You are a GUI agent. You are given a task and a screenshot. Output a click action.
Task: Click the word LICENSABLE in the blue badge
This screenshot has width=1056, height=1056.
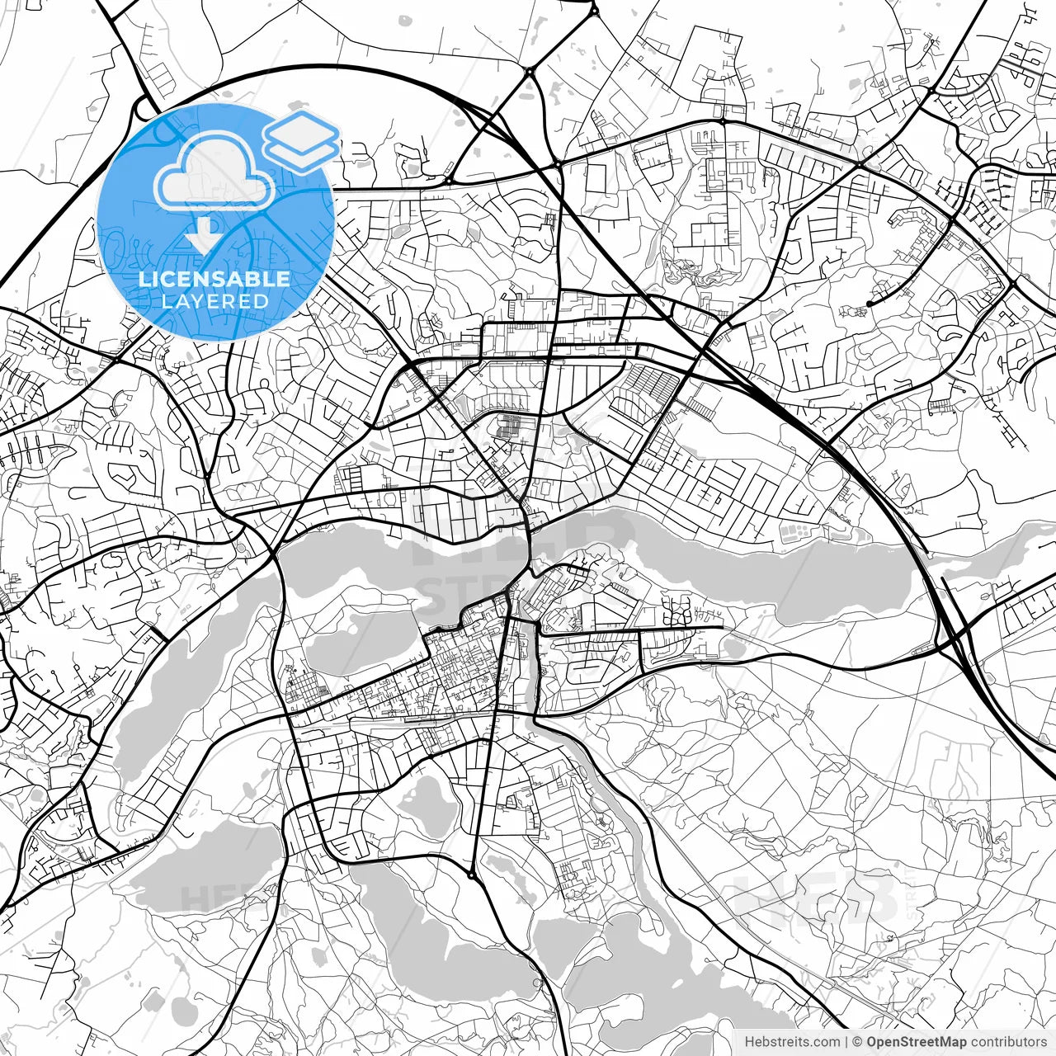[x=214, y=279]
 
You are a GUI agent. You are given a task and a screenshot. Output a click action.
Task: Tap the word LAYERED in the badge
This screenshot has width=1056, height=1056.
[x=214, y=301]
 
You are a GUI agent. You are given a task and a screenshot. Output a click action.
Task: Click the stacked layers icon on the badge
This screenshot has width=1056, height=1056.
[x=301, y=140]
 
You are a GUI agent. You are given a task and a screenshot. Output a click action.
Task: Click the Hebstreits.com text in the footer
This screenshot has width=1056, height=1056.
[x=793, y=1042]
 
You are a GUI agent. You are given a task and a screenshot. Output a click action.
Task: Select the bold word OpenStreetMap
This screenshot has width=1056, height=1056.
[x=916, y=1042]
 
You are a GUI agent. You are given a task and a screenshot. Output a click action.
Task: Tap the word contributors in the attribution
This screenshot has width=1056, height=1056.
[x=1007, y=1042]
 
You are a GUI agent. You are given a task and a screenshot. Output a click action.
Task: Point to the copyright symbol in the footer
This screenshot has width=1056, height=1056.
[x=858, y=1042]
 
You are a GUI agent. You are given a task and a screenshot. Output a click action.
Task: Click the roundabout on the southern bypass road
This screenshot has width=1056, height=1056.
[x=471, y=874]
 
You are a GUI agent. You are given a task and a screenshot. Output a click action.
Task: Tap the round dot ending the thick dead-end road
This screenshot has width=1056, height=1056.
[x=869, y=304]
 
